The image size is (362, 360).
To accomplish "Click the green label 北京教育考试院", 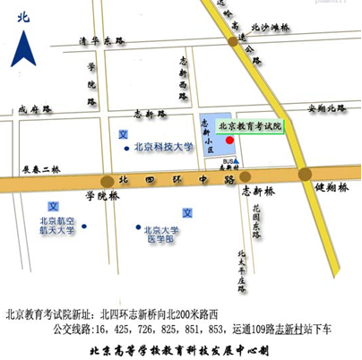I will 250,127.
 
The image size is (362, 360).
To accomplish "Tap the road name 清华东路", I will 99,41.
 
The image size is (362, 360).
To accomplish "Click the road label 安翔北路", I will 326,108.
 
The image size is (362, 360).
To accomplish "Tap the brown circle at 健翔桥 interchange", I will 305,174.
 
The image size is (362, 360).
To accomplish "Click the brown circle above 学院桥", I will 108,179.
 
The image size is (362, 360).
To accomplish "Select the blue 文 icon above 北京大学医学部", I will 187,212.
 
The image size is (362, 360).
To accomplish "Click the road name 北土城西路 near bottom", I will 242,272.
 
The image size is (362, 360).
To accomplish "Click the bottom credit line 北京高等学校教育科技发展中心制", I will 180,349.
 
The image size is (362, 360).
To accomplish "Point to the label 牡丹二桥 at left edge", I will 39,168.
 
